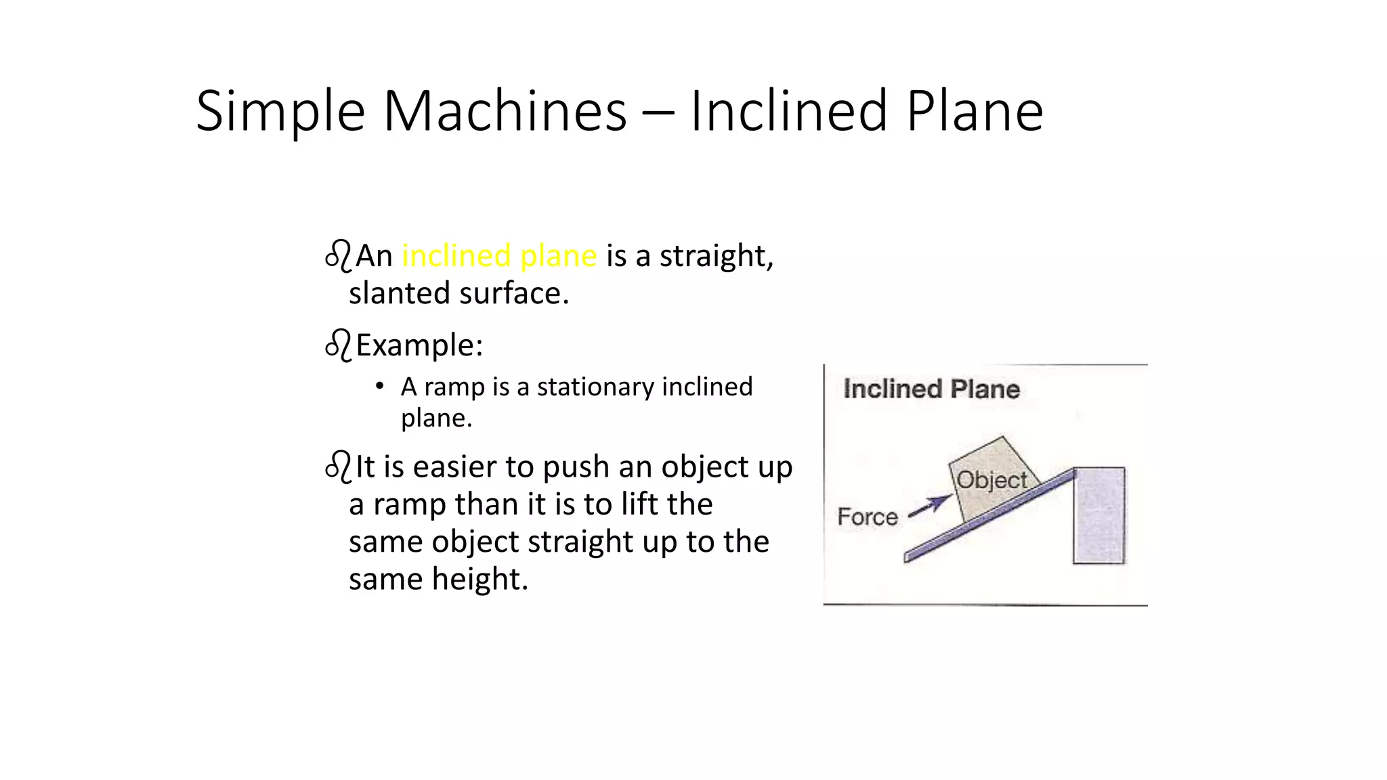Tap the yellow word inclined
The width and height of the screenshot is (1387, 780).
(456, 256)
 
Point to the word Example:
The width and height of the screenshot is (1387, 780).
(419, 345)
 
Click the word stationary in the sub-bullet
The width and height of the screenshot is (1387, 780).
(595, 387)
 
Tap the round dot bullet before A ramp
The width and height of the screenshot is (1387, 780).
(380, 387)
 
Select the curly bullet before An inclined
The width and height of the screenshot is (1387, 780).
(338, 256)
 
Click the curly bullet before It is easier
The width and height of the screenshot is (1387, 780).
(338, 467)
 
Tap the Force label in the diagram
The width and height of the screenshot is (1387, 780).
(867, 517)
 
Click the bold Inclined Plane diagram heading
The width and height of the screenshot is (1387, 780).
(931, 389)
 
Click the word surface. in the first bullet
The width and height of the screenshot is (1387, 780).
(514, 294)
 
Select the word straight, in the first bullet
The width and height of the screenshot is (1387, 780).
(716, 256)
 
